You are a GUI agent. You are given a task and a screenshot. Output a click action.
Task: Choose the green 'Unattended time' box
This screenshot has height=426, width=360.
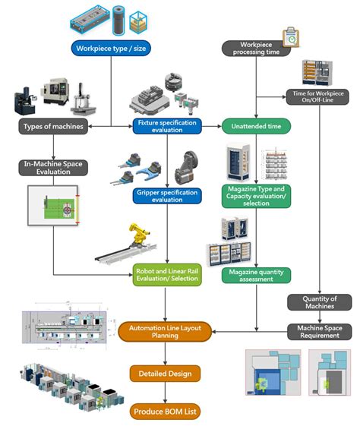(256, 125)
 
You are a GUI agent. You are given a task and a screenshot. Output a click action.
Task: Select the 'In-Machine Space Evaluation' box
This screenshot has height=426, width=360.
(51, 167)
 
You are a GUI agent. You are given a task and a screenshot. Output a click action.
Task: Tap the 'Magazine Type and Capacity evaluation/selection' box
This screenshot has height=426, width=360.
(256, 195)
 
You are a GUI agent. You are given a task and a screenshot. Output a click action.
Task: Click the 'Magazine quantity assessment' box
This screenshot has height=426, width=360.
(256, 275)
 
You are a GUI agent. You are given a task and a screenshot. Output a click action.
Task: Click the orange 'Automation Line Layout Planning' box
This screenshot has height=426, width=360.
(164, 331)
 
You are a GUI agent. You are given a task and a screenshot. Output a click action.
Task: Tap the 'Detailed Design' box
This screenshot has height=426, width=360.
(165, 374)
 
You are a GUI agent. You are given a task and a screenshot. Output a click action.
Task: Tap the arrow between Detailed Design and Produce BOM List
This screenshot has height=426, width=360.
(165, 393)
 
